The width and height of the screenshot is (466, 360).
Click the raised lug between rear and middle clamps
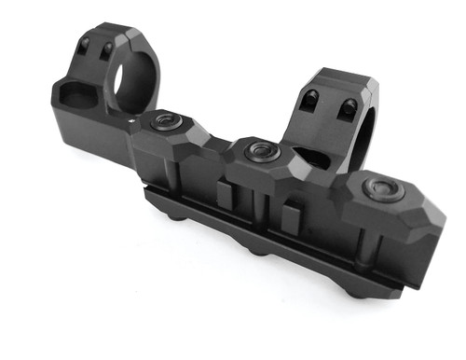pos(225,194)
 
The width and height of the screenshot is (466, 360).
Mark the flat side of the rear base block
pos(89,131)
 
